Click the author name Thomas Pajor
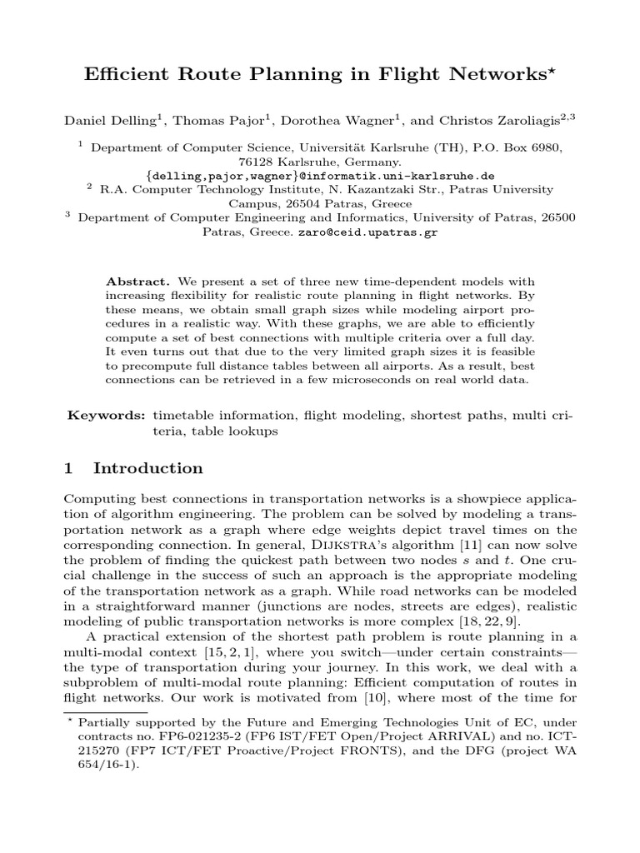click(x=212, y=122)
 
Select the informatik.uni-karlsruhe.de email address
click(x=320, y=176)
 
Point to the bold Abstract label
click(x=133, y=282)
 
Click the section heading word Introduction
click(x=148, y=468)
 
